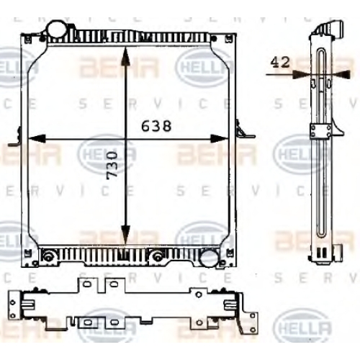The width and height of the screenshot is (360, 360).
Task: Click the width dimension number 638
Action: click(x=156, y=126)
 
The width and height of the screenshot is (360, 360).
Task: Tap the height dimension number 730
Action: click(x=112, y=164)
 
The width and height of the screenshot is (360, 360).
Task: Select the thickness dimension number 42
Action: click(x=280, y=63)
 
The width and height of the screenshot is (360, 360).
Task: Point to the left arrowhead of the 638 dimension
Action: click(x=37, y=139)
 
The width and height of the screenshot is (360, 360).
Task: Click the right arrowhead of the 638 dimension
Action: click(x=219, y=139)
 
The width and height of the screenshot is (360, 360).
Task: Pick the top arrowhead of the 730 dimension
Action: click(x=125, y=56)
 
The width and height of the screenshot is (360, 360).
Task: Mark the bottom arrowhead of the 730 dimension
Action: click(x=125, y=235)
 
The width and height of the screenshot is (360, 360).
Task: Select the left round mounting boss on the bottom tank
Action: click(x=48, y=256)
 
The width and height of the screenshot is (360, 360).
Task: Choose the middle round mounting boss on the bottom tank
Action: click(x=157, y=256)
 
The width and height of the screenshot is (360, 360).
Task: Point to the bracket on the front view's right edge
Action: click(x=245, y=129)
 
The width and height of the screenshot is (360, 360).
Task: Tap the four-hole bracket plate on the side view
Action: click(x=320, y=131)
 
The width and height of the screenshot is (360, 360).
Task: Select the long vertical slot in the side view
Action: click(x=321, y=143)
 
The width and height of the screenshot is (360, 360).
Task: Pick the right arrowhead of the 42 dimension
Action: click(x=341, y=74)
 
